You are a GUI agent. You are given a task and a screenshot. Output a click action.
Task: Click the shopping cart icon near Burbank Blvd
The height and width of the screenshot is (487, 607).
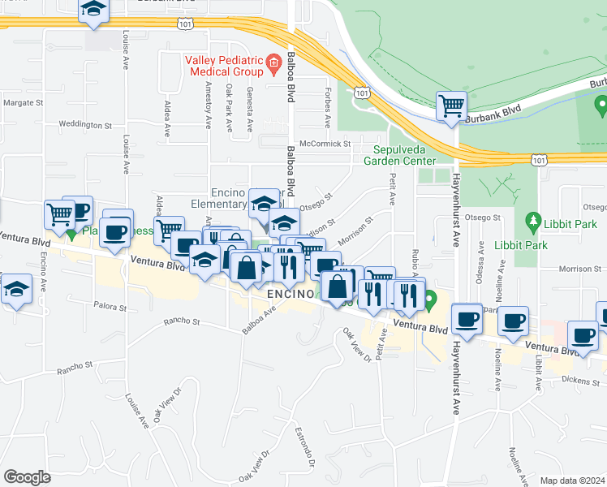point(450,106)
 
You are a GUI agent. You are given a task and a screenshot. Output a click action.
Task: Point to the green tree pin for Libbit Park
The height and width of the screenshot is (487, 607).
point(533,220)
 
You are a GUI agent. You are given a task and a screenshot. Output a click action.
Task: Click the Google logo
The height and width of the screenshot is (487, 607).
point(27,477)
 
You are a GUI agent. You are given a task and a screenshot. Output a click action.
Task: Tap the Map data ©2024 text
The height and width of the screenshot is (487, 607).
point(572,481)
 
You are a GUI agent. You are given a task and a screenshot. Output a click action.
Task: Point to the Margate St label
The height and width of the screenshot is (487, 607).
point(23,103)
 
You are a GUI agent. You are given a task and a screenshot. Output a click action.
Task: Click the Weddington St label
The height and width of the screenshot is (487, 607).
point(84,125)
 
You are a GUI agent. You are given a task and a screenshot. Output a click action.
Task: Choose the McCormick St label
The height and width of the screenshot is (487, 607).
point(324,144)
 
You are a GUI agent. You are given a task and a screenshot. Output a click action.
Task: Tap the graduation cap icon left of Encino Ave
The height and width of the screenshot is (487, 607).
point(16,291)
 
